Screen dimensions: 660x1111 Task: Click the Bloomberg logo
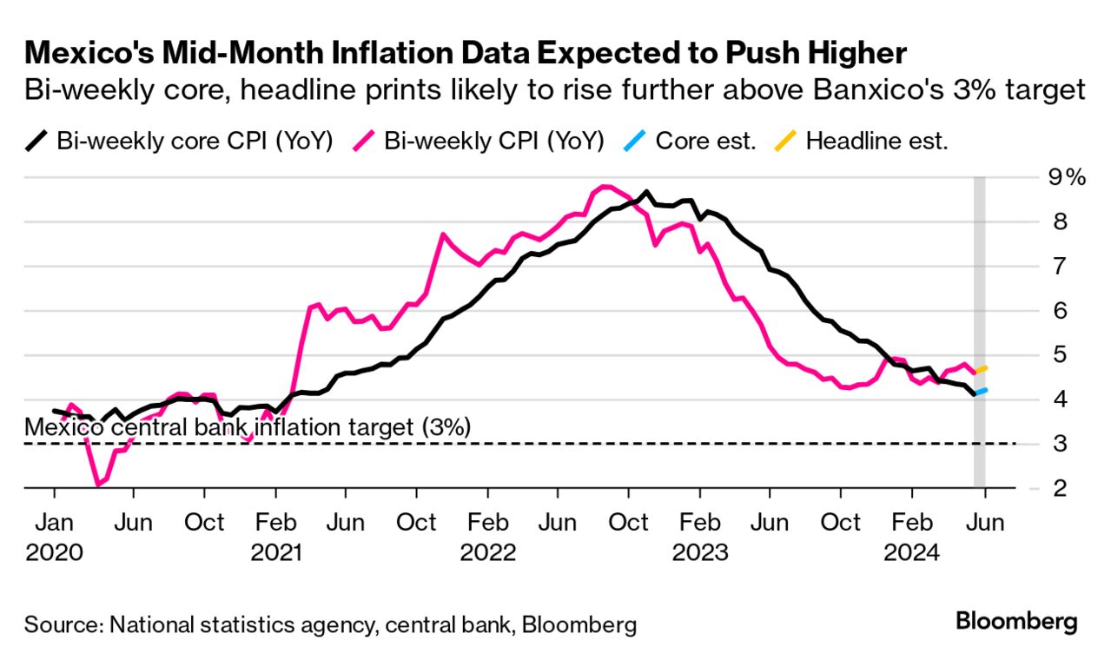[1016, 622]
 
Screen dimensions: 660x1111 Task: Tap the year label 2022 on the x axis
[488, 552]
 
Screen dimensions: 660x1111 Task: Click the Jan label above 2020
[54, 523]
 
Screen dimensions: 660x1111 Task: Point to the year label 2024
[911, 552]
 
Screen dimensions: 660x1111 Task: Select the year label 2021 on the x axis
[275, 552]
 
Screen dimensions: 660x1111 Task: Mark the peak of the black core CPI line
[645, 192]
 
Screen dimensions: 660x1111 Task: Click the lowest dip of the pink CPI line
[97, 485]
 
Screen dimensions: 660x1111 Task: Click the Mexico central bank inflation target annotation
[248, 427]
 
